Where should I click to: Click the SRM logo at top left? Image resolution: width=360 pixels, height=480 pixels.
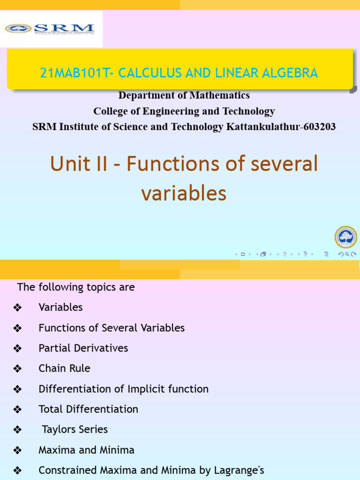point(50,29)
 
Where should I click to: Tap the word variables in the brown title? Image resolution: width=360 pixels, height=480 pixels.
point(184,193)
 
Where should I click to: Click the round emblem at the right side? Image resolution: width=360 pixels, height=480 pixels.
point(346,237)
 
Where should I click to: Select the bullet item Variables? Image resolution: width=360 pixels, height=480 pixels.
point(60,307)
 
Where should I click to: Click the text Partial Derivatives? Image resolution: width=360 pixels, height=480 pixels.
point(83,348)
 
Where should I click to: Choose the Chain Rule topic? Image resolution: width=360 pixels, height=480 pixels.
point(64,368)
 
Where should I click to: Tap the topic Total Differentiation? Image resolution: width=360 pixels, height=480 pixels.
point(89,409)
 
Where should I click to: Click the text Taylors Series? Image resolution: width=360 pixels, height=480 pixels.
point(75,429)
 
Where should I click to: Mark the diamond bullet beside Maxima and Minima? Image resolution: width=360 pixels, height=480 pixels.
point(18,450)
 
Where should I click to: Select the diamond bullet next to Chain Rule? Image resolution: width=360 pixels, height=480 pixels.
point(18,369)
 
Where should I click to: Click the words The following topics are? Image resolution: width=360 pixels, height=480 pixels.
point(76,287)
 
